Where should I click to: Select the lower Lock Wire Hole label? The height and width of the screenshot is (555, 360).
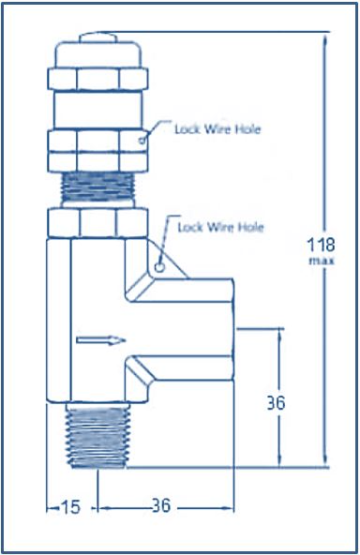click(x=221, y=227)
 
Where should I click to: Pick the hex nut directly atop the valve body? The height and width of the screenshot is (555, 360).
click(x=97, y=223)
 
